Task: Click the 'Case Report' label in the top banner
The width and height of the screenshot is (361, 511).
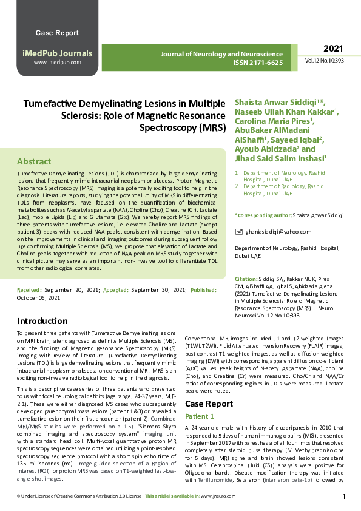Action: (57, 32)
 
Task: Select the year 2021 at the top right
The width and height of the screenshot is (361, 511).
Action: (333, 49)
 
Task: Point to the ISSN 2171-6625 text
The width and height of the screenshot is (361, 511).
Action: (258, 63)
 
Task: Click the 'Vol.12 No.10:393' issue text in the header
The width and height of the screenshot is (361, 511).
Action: (325, 61)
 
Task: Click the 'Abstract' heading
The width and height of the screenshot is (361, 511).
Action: (34, 162)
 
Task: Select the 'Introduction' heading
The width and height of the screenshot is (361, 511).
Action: (42, 321)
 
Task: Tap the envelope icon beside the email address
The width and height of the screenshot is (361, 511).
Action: (238, 232)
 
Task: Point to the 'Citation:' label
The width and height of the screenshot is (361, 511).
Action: (246, 278)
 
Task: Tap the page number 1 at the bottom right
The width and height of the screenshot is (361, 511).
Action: (344, 497)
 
